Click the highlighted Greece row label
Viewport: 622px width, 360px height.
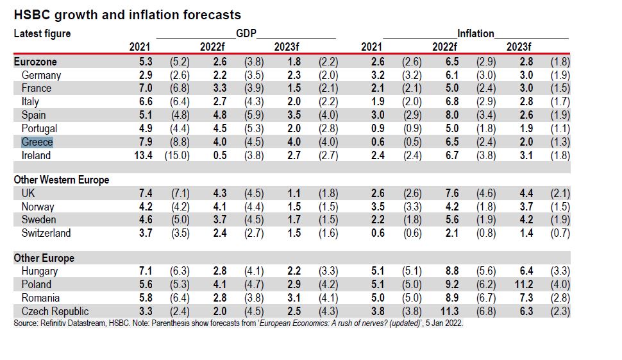(x=37, y=142)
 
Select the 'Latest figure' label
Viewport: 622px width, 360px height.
(x=42, y=33)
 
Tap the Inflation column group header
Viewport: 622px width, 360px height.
(x=475, y=33)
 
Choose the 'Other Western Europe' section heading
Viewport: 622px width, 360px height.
(x=62, y=180)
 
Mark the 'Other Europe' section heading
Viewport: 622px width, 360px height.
(x=44, y=258)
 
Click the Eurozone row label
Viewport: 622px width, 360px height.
(x=35, y=62)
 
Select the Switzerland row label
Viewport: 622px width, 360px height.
(x=46, y=233)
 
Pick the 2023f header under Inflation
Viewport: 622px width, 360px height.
(x=519, y=47)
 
